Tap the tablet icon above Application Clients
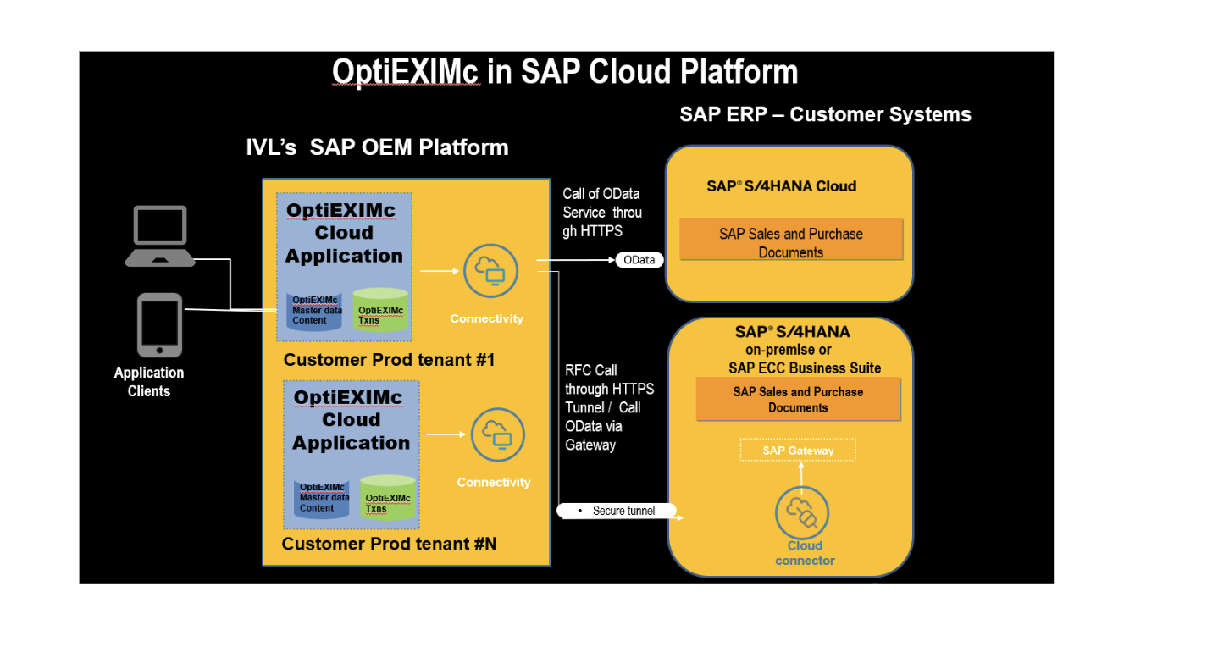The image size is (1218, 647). click(159, 325)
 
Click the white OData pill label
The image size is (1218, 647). click(639, 260)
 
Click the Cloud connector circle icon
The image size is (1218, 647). click(801, 513)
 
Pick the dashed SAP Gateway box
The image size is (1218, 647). click(798, 451)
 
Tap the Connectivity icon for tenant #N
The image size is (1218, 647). click(497, 435)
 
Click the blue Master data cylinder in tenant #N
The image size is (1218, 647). click(322, 500)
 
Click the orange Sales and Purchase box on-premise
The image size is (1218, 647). click(798, 400)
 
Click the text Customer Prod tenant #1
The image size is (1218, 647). click(389, 360)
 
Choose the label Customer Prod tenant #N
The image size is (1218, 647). click(389, 544)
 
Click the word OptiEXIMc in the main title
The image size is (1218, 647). click(406, 72)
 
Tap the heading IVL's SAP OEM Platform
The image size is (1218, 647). click(377, 147)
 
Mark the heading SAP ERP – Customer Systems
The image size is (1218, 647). click(825, 114)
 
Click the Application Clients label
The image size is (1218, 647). click(149, 382)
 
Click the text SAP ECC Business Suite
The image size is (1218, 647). click(804, 368)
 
